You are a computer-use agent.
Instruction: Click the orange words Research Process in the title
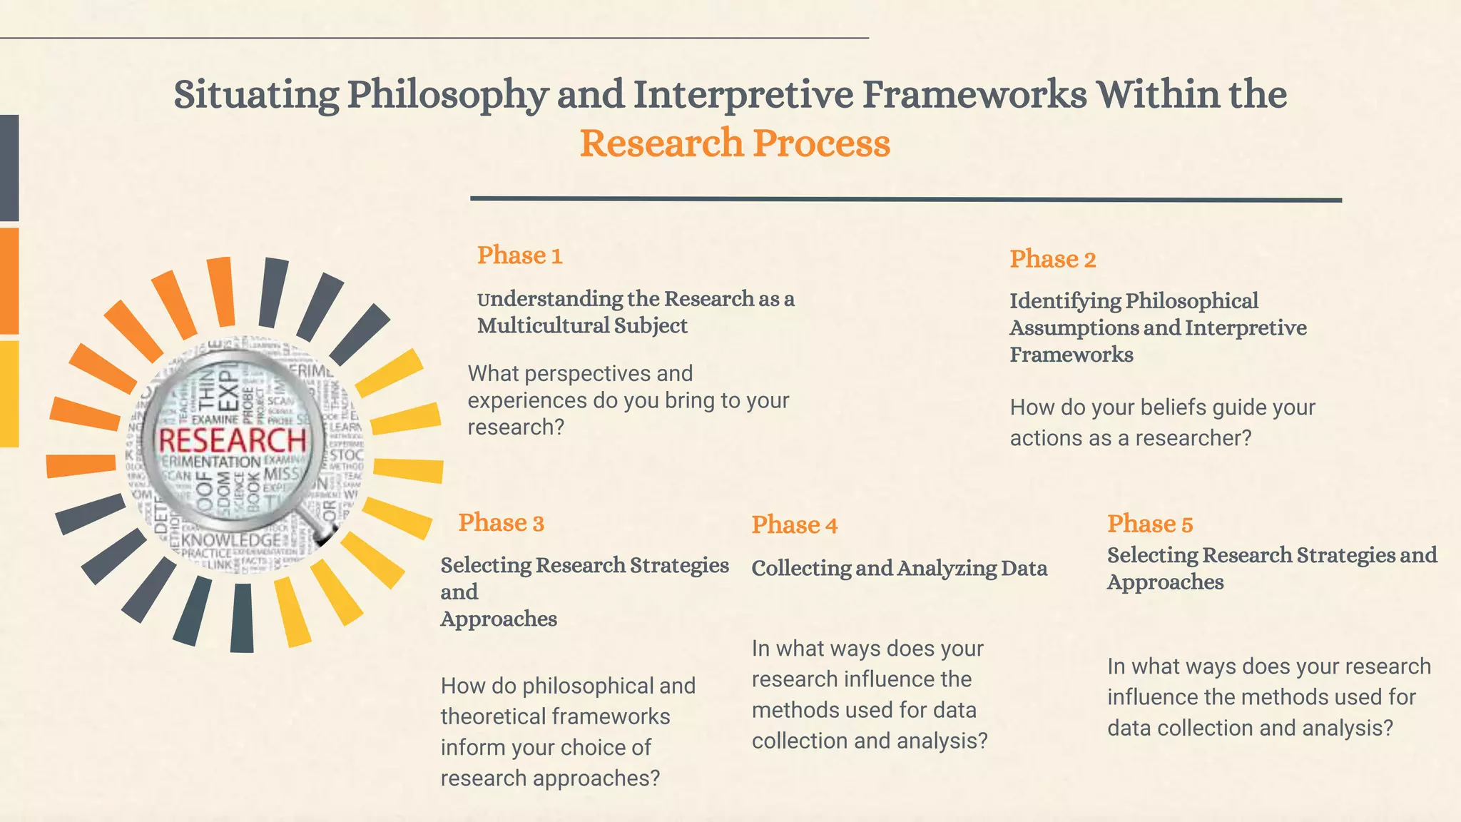click(x=735, y=143)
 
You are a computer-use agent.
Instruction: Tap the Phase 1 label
click(x=519, y=255)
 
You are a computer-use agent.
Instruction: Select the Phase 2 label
click(x=1052, y=259)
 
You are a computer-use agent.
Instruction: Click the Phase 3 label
click(x=501, y=523)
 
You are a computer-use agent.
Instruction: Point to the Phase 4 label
click(x=794, y=525)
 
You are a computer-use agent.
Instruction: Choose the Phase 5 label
click(x=1149, y=524)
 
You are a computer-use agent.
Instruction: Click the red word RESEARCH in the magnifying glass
click(x=232, y=440)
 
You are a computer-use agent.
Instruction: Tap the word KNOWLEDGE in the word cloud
click(x=231, y=540)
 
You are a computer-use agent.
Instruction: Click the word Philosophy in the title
click(x=447, y=94)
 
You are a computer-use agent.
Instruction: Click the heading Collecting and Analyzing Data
click(x=899, y=569)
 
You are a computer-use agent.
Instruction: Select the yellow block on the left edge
click(x=9, y=394)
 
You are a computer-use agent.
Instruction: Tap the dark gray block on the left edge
click(x=9, y=168)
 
